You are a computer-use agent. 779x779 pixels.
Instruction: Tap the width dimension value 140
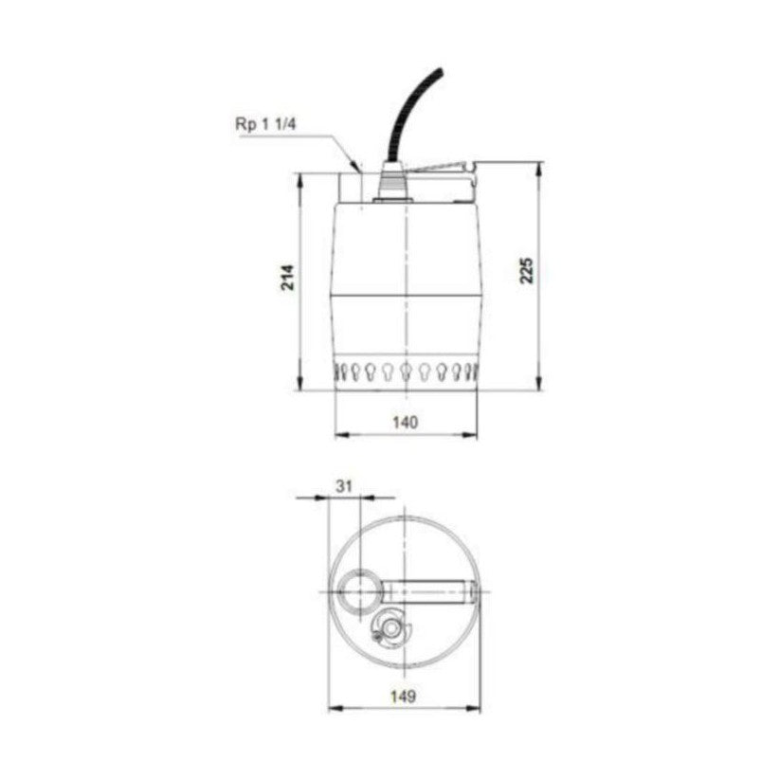[x=405, y=423]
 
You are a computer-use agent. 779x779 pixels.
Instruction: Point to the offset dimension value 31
[x=344, y=484]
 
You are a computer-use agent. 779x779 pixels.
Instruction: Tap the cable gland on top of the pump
[x=390, y=185]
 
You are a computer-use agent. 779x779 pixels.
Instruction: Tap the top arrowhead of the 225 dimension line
[x=540, y=167]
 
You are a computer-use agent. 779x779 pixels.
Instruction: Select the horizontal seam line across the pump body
[x=406, y=294]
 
